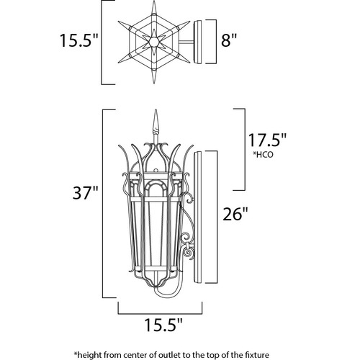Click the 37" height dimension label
click(x=86, y=192)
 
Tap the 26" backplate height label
click(x=235, y=214)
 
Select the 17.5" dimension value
click(x=267, y=140)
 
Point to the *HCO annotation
click(x=263, y=155)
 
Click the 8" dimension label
click(x=229, y=40)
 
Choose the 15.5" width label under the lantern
click(x=163, y=325)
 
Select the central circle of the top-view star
click(x=153, y=42)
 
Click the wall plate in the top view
click(x=198, y=42)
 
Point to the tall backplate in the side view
click(x=198, y=217)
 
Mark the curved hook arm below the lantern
click(x=168, y=294)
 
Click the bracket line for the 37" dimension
click(x=103, y=204)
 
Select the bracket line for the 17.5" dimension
click(x=245, y=150)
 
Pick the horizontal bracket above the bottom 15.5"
click(x=160, y=313)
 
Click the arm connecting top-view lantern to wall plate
click(x=186, y=42)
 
